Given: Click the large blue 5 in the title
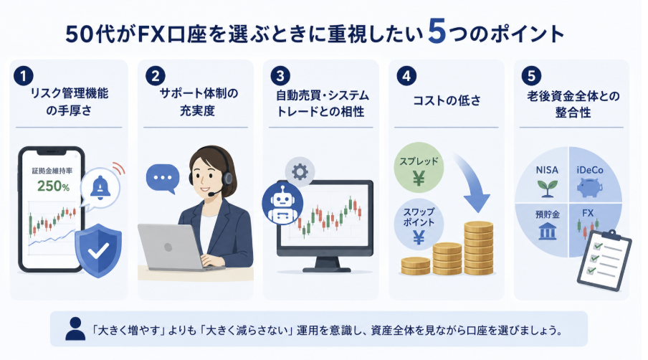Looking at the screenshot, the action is [437, 32].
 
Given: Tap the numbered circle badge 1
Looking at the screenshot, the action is [24, 76].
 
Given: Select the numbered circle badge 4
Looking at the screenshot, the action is [406, 76].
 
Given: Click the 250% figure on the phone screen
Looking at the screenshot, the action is [53, 186].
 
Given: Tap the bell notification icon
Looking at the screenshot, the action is [100, 187].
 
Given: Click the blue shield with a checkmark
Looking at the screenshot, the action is [98, 250].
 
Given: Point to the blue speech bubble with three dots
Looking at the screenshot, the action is [163, 179].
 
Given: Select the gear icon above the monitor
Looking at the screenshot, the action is [300, 171].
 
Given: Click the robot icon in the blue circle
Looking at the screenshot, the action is [282, 204].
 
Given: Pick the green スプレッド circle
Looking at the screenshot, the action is [419, 168].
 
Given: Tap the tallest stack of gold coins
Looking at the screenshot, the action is [479, 248].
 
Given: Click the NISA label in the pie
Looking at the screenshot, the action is [547, 170].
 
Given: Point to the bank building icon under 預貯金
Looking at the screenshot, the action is [548, 231].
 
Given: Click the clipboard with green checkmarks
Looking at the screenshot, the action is [604, 261].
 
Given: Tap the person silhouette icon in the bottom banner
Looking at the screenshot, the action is [75, 329].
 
